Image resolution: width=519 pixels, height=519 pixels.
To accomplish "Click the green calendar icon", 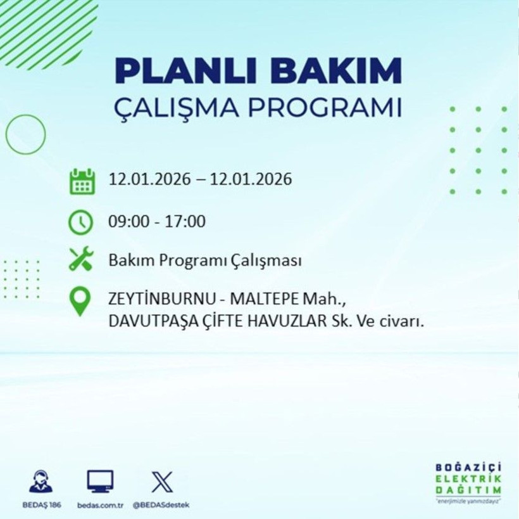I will click(x=82, y=181).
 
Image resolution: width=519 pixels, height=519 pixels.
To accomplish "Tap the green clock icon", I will click(x=81, y=222).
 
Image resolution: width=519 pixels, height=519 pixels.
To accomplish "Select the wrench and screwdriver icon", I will click(x=81, y=260).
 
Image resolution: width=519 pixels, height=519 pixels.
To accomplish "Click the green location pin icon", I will click(x=80, y=302).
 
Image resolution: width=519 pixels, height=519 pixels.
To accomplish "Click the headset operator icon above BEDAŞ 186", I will click(x=42, y=481).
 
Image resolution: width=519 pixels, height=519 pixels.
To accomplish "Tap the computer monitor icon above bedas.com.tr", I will click(x=100, y=481).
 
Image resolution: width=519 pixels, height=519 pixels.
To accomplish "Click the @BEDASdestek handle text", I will click(x=161, y=504).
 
